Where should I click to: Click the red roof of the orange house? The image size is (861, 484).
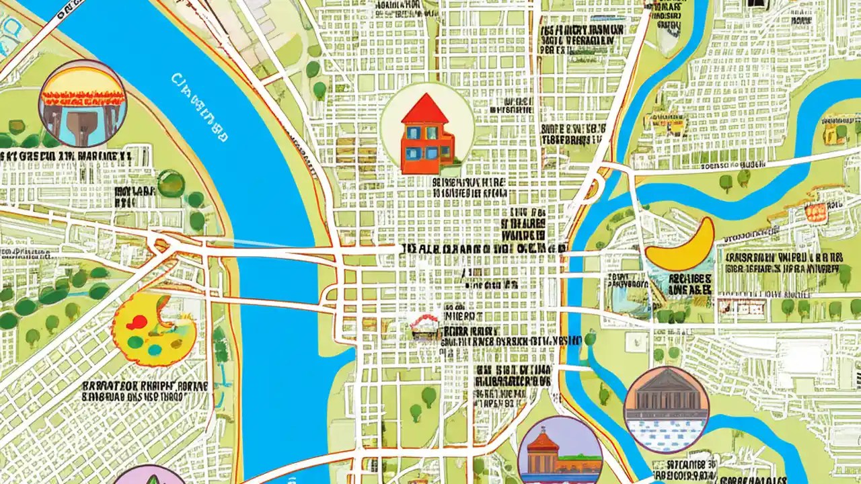(x=424, y=110)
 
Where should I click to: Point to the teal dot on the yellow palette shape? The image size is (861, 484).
(x=155, y=350)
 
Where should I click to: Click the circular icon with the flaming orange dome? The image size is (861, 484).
(x=83, y=104)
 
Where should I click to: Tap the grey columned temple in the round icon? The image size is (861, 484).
(x=666, y=401)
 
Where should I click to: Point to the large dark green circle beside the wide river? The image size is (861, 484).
(x=171, y=183)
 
